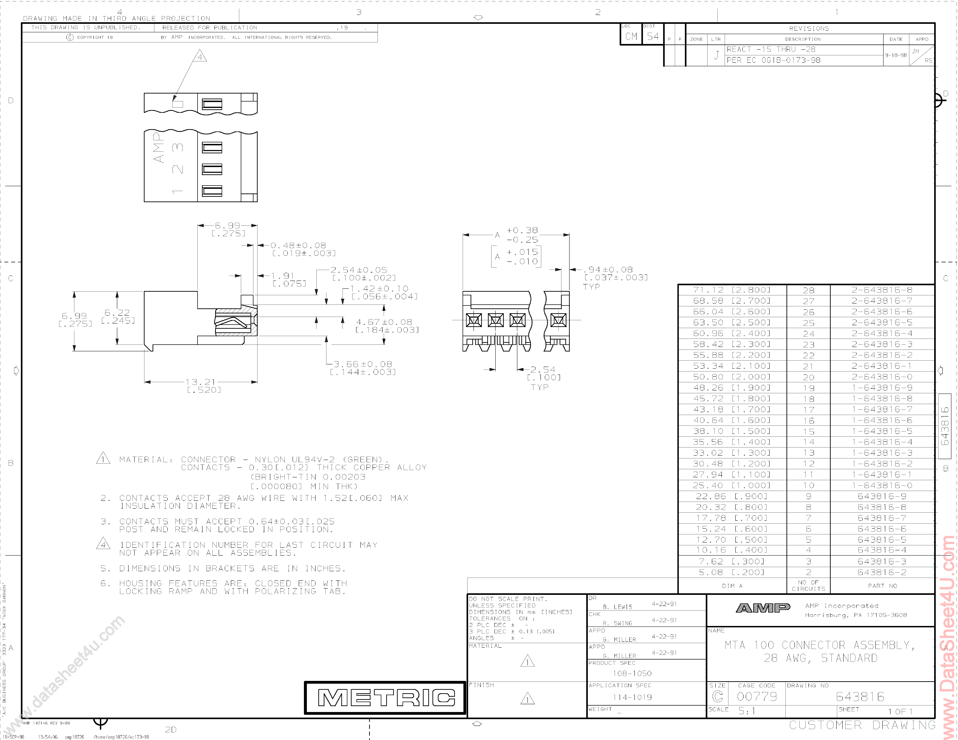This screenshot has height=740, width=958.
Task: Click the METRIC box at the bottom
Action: (x=385, y=697)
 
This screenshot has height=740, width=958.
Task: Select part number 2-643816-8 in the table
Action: (x=882, y=290)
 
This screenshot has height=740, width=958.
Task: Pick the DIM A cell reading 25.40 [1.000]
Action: (x=732, y=485)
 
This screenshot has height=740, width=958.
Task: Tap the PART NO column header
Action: (x=882, y=586)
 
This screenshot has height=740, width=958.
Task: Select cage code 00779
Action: (x=757, y=696)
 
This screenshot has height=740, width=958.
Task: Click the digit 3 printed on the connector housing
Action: (x=177, y=147)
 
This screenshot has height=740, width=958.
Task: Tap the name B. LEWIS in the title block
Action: (x=617, y=607)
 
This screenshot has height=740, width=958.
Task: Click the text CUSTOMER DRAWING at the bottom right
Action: (x=862, y=725)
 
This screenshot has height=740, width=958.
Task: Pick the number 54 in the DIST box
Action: (x=653, y=37)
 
